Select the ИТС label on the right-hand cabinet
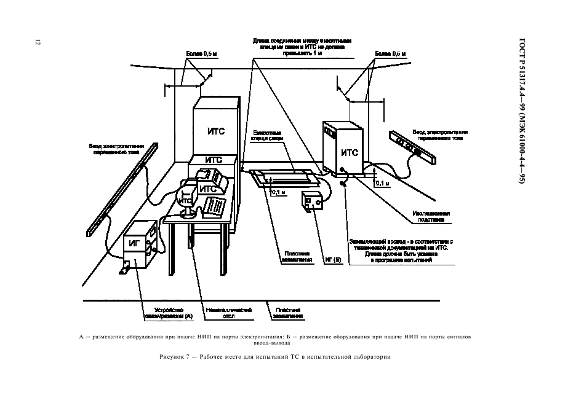(x=350, y=153)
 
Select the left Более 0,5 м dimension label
(x=201, y=54)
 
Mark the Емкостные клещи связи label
(x=268, y=136)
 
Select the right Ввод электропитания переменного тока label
(x=440, y=135)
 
